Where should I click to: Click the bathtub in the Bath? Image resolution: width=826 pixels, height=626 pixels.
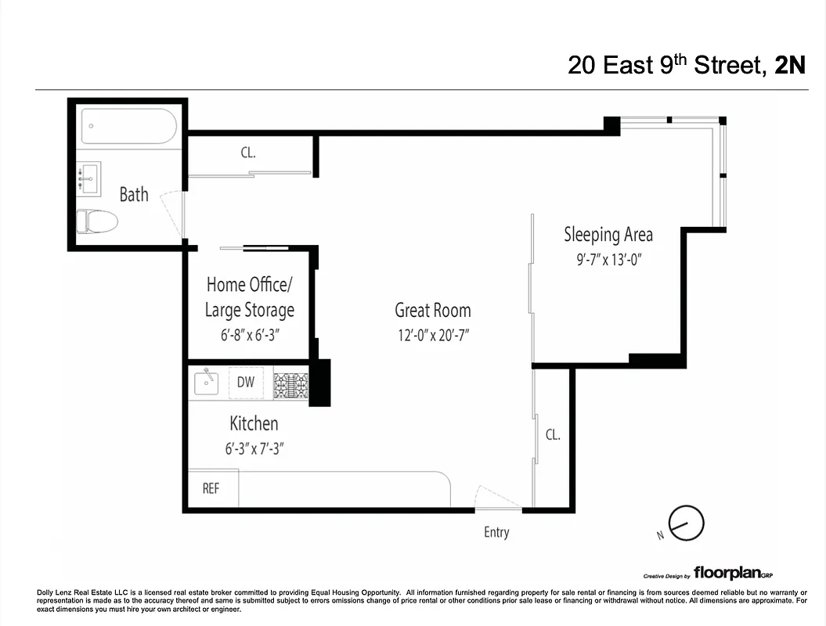coord(130,126)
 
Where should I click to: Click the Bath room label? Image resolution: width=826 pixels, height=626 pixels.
coord(134,194)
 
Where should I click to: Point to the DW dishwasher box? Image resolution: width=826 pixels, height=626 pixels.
coord(246,383)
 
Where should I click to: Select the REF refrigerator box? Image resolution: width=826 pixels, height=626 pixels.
coord(211,488)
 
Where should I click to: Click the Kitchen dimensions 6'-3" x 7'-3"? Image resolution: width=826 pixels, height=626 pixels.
coord(253,449)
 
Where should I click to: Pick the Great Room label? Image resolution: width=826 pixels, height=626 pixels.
coord(432,310)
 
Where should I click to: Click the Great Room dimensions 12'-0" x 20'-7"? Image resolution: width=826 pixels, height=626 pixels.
coord(432,336)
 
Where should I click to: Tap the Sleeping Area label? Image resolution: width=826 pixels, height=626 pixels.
coord(608,234)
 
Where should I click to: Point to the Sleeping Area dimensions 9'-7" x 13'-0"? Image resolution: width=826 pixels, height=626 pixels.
coord(608,260)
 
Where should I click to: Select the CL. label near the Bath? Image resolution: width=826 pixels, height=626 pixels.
coord(248,153)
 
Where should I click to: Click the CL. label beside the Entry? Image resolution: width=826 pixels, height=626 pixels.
coord(553,435)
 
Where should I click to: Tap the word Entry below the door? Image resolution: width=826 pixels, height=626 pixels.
coord(496,532)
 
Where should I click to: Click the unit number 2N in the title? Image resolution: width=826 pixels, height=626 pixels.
coord(789,65)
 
